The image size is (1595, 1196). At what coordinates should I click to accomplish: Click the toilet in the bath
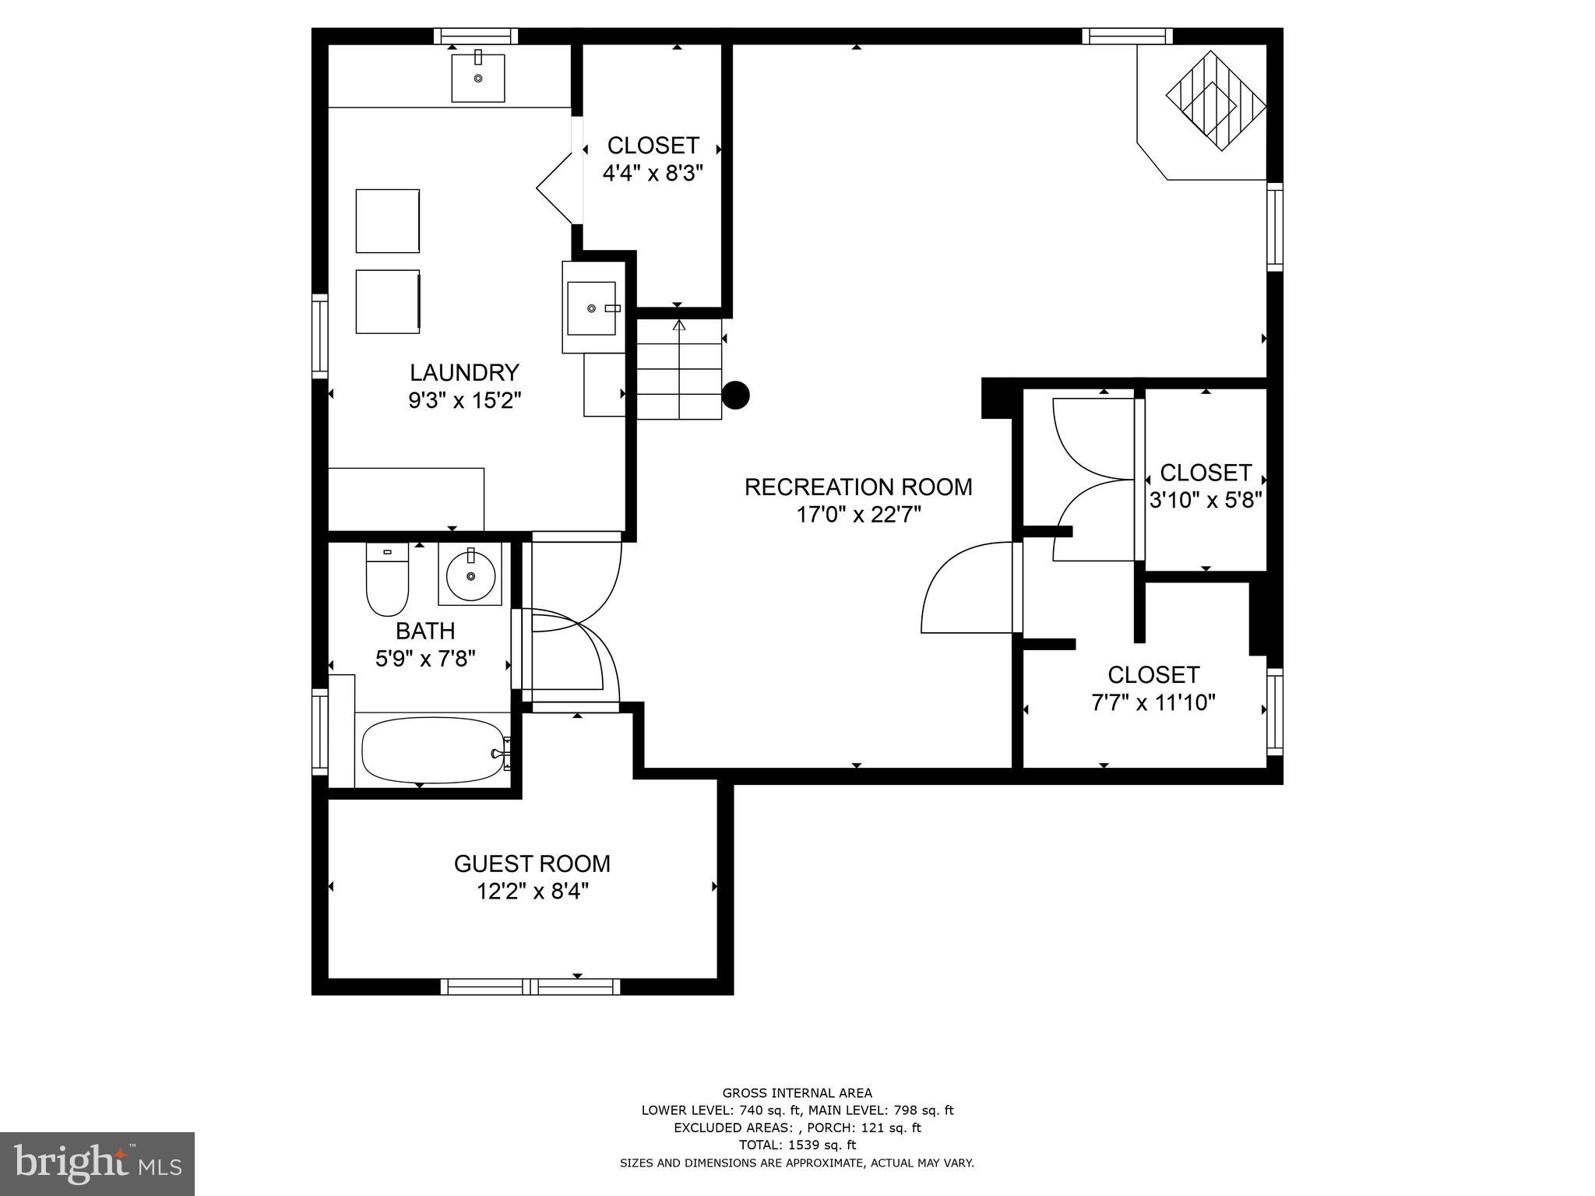tap(387, 581)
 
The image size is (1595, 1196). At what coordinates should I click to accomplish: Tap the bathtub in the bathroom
tap(433, 750)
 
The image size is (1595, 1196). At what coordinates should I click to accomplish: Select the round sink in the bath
tap(470, 575)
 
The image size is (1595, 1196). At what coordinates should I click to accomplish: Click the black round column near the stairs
tap(735, 395)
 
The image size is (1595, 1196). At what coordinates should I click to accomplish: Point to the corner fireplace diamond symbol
tap(1215, 101)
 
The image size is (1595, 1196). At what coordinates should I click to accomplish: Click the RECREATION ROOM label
tap(857, 487)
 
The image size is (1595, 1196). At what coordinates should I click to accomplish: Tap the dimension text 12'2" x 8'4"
tap(532, 891)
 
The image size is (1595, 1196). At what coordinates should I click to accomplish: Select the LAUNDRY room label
tap(464, 372)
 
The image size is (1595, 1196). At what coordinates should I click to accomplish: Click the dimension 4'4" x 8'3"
tap(653, 172)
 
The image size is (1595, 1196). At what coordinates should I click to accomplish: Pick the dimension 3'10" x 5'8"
tap(1205, 499)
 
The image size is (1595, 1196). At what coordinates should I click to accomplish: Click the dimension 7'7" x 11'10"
tap(1153, 702)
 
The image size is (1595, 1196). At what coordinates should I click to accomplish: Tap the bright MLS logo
tap(97, 1163)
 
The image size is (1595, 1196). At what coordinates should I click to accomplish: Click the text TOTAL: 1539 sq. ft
tap(797, 1145)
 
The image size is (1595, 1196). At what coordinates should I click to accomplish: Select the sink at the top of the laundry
tap(478, 77)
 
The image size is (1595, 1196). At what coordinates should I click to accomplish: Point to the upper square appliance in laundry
tap(388, 220)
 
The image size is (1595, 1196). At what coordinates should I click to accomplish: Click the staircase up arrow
tap(679, 326)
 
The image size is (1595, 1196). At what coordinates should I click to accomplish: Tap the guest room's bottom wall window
tap(530, 987)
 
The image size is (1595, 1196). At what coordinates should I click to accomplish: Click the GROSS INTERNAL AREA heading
tap(797, 1092)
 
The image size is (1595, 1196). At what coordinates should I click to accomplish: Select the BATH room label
tap(425, 630)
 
